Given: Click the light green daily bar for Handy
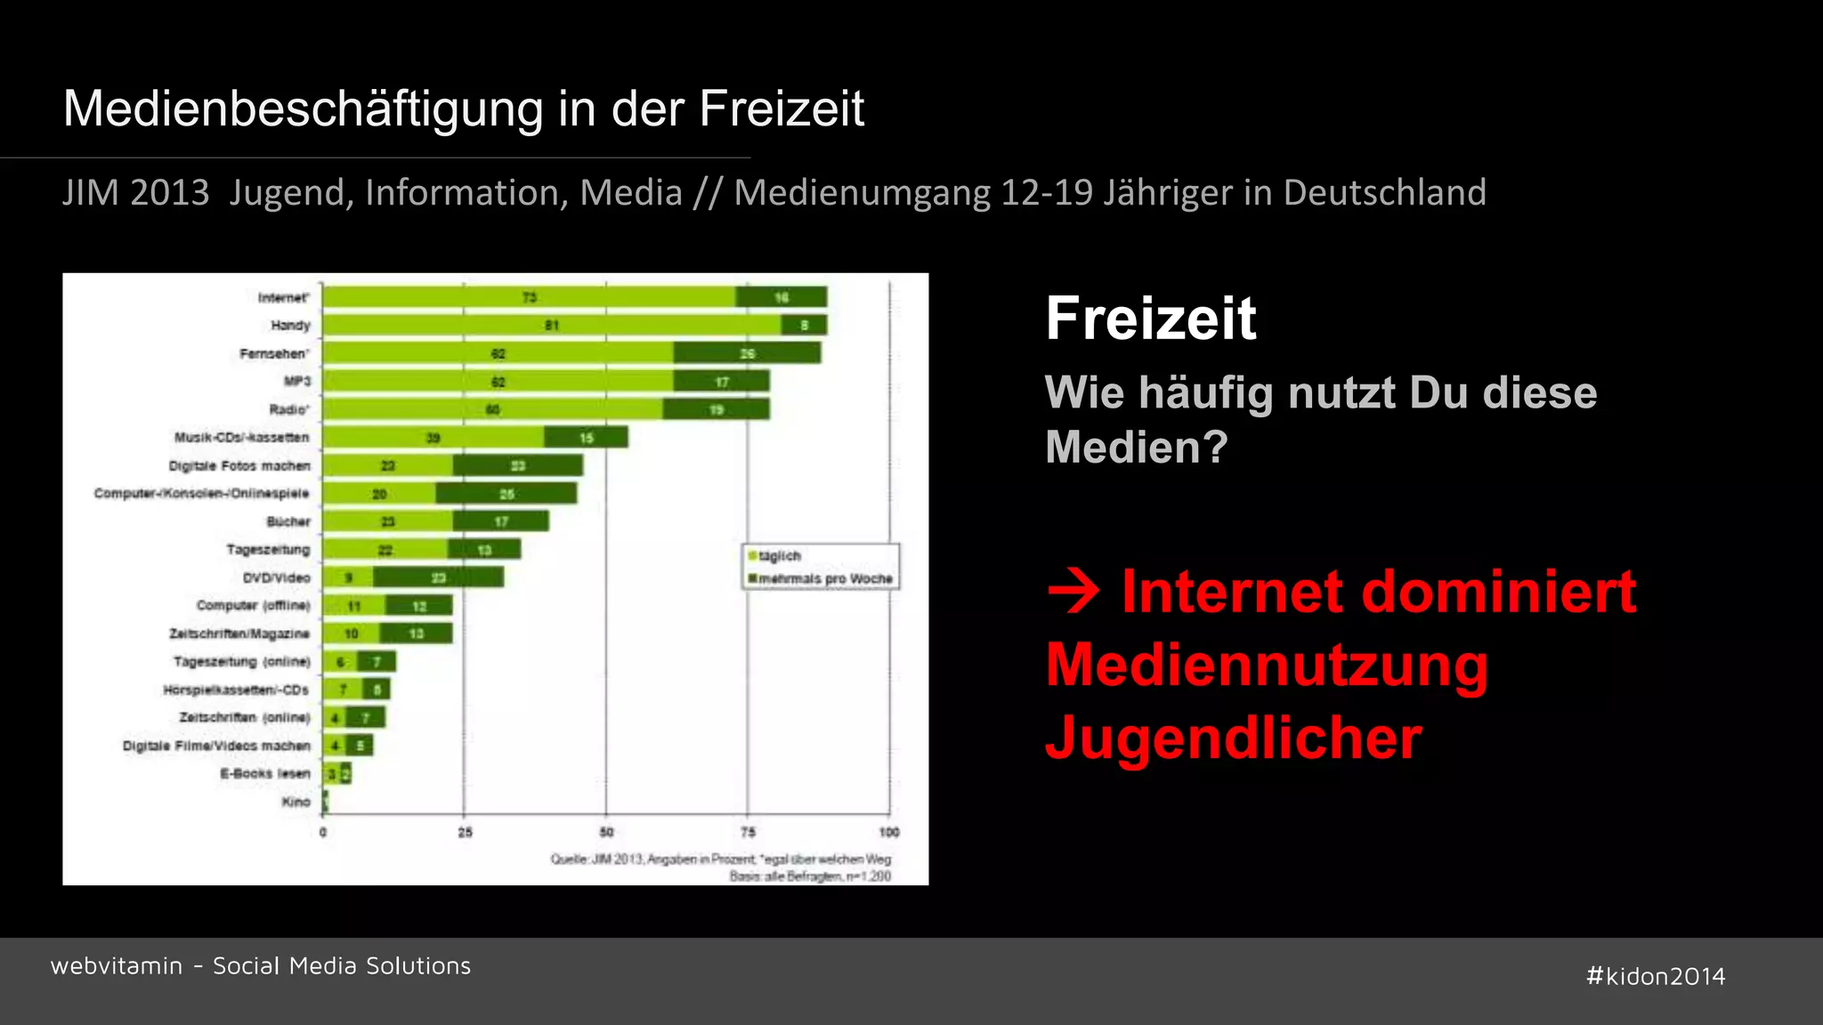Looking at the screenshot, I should pos(552,326).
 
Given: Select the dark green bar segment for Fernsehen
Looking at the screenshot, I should pos(747,354).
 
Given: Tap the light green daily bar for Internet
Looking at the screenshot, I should pos(529,297).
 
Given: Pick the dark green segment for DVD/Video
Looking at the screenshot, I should pos(438,578).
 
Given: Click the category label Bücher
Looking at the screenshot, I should pos(288,521).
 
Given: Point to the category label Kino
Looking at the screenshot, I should pos(296,802).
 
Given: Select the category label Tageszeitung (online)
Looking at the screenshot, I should pos(242,662).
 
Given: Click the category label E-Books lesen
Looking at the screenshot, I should pos(265,774).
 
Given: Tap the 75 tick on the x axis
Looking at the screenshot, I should pos(748,832).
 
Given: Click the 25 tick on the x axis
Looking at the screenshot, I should pos(465,832).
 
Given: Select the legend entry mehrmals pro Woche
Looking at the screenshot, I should pos(824,579).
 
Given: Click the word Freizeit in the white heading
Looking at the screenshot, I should pos(1151,319).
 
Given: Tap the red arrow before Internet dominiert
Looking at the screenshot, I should pos(1074,592).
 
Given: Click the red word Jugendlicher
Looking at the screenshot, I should pos(1234,738).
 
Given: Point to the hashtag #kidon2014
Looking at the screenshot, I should pos(1656,976).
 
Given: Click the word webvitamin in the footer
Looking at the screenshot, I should pos(117,966).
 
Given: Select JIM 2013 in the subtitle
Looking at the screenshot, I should pos(136,193).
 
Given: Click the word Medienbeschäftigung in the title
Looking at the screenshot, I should pos(303,109).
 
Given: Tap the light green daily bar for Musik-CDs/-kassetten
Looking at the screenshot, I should pos(433,438).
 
